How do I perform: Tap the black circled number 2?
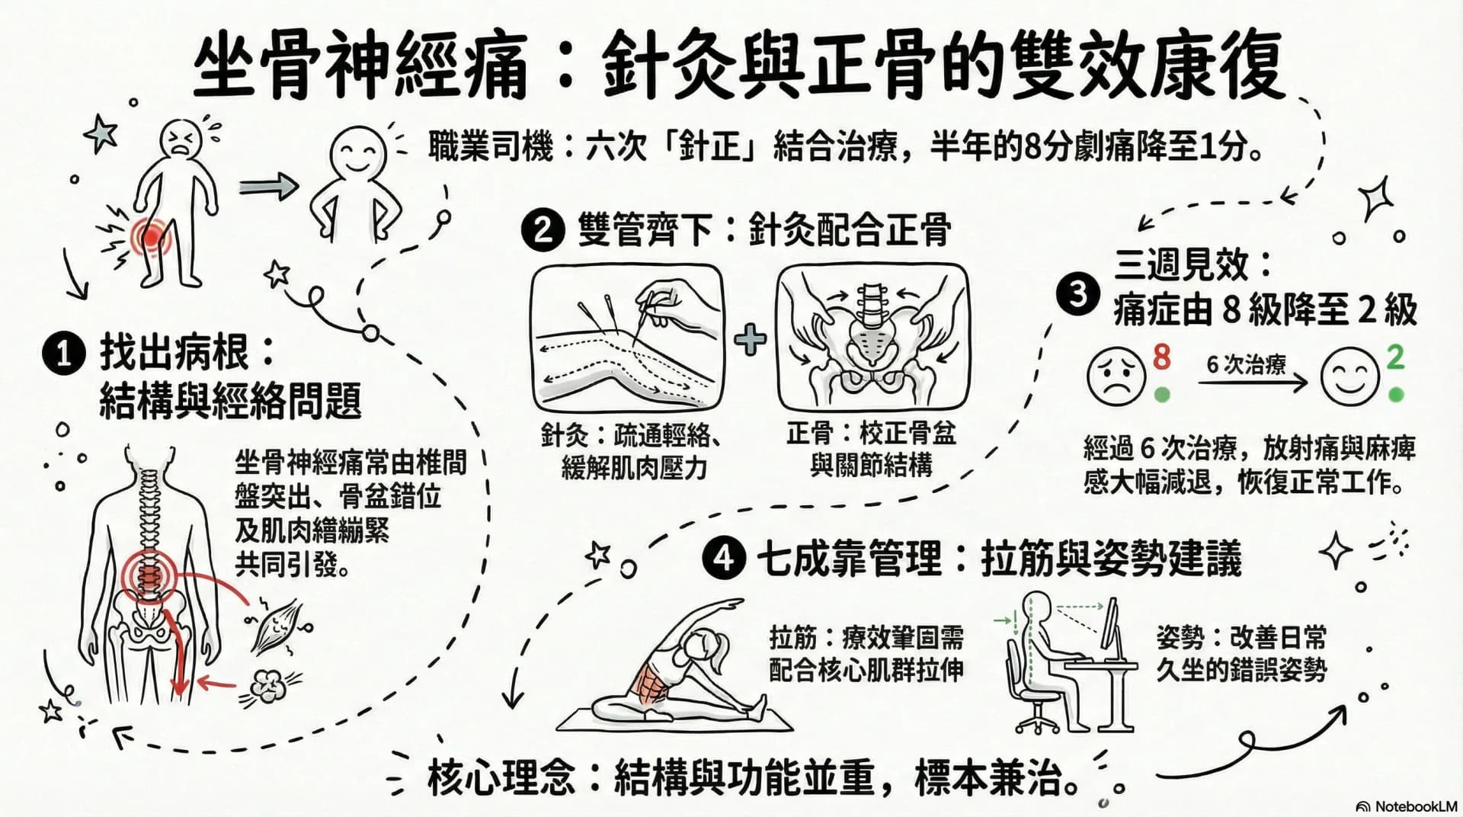point(542,229)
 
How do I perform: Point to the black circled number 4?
point(723,558)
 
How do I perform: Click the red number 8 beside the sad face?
point(1161,357)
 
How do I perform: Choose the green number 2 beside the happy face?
point(1394,357)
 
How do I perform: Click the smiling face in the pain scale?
point(1349,376)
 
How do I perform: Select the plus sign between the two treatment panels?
point(751,339)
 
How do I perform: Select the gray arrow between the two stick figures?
point(268,185)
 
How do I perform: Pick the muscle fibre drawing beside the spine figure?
point(276,623)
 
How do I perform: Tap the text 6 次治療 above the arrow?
point(1246,364)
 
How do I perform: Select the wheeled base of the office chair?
point(1038,720)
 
